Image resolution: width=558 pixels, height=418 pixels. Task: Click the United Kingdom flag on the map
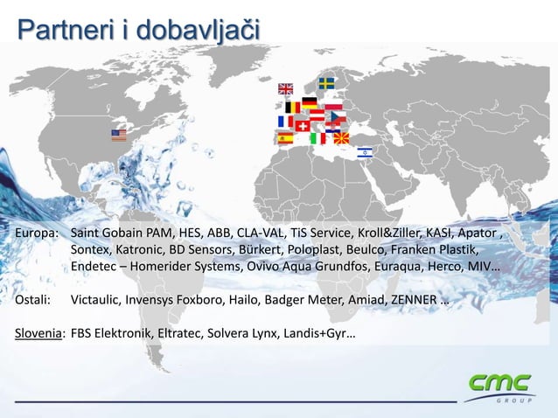(x=286, y=88)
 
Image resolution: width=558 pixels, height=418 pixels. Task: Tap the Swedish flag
(x=325, y=83)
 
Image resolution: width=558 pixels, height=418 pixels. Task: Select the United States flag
(x=119, y=135)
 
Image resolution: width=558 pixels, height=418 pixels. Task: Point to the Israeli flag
(x=364, y=151)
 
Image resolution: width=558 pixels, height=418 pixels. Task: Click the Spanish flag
(x=285, y=137)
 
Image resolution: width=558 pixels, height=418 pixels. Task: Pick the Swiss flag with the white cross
(x=303, y=125)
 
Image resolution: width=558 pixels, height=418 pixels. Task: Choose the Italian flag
(x=318, y=138)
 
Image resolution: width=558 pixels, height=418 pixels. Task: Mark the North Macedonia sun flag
(x=343, y=137)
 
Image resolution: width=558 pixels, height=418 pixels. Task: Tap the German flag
(x=310, y=102)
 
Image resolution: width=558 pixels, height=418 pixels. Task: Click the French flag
(x=286, y=122)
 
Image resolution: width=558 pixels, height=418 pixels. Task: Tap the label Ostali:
(x=34, y=300)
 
